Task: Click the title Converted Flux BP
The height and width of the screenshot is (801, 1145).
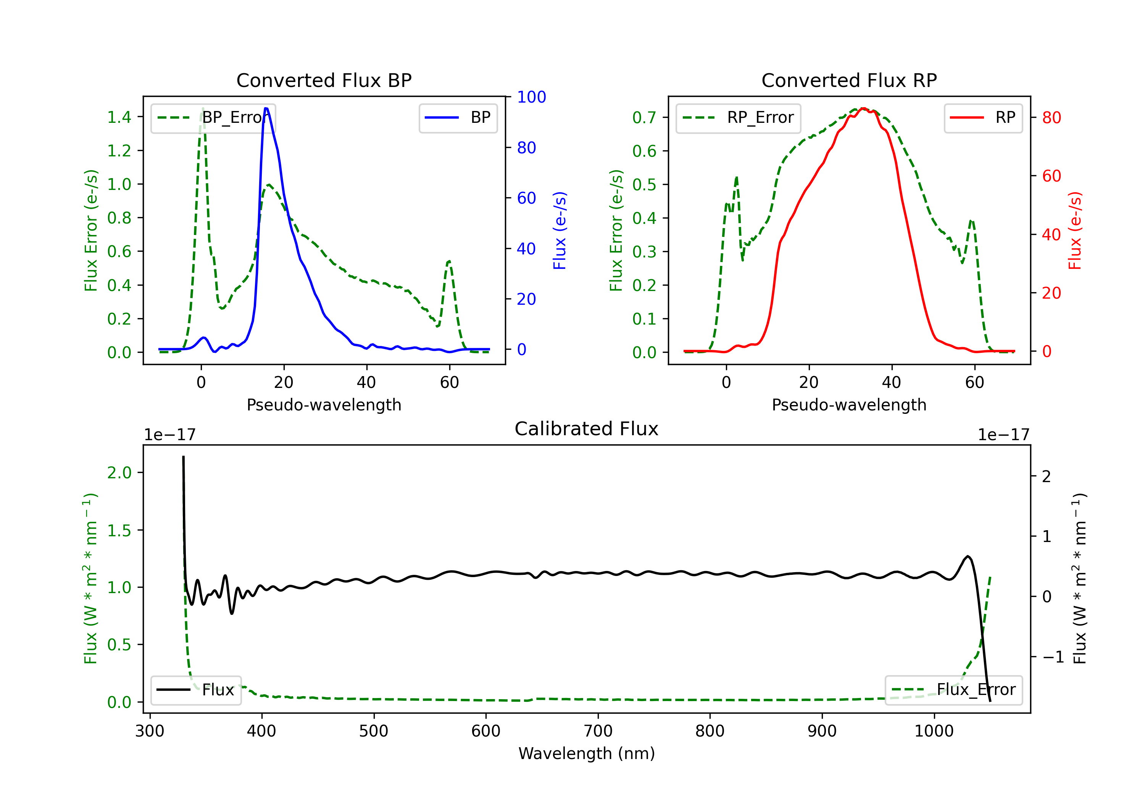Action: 324,80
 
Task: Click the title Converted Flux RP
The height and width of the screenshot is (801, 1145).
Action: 849,80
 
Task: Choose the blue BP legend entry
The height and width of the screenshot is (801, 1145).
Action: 458,117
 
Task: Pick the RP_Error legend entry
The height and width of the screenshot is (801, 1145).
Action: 738,117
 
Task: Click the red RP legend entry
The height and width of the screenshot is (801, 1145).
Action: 983,117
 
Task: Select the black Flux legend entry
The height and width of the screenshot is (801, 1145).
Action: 196,690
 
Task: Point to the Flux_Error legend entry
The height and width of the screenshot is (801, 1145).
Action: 953,690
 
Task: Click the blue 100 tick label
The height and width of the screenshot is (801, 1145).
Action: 531,97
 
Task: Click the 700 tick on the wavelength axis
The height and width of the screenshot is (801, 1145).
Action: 598,731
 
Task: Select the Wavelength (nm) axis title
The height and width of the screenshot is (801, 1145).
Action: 587,753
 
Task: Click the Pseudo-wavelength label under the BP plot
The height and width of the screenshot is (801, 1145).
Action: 324,405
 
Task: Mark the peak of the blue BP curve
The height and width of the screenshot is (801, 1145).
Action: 266,108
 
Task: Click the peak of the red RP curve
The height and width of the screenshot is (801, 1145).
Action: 863,108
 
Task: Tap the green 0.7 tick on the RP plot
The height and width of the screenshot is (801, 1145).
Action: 644,117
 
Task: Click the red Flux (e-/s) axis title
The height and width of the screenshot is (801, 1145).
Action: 1075,231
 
